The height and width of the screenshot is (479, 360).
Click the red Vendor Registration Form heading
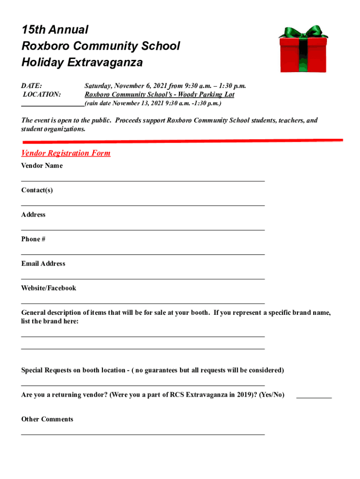(x=66, y=153)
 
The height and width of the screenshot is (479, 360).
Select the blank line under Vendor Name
(x=143, y=180)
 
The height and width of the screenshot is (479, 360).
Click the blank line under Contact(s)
(x=143, y=205)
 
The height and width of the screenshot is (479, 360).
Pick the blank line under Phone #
(x=143, y=254)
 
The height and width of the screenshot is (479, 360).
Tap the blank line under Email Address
(x=143, y=279)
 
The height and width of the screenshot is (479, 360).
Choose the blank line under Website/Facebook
(x=143, y=303)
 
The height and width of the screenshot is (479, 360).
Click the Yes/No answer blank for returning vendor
(x=314, y=397)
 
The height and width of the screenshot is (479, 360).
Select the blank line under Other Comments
(x=143, y=434)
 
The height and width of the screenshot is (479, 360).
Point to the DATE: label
(x=32, y=86)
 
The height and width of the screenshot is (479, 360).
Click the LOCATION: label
(x=42, y=94)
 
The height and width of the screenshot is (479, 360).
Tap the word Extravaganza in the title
(x=101, y=62)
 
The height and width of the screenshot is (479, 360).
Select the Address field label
(x=33, y=215)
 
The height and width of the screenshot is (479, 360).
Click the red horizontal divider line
(x=182, y=140)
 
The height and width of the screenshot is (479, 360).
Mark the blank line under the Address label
(x=143, y=230)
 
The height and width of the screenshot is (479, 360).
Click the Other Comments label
(x=47, y=419)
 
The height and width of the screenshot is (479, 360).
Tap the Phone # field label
(x=33, y=239)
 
